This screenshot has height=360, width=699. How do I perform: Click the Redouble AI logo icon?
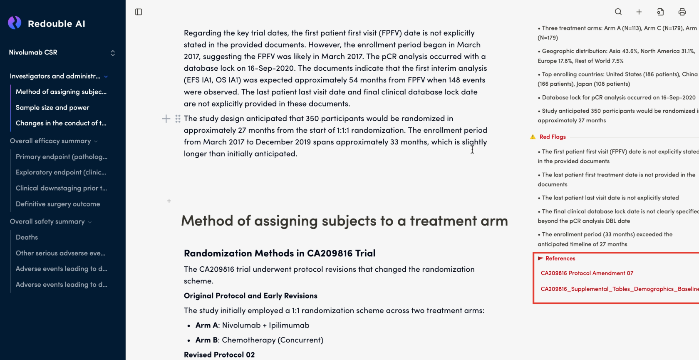pos(15,23)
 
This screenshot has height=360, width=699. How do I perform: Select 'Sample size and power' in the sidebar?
pos(52,107)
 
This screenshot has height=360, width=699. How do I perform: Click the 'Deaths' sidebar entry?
pos(27,237)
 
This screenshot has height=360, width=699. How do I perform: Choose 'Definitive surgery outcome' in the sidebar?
pos(58,204)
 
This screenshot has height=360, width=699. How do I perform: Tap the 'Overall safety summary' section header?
pos(47,221)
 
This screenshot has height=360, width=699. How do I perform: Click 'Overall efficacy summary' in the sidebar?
pos(50,141)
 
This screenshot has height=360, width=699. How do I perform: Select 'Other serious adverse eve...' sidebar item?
pos(60,253)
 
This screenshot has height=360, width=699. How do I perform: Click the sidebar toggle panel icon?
pos(139,12)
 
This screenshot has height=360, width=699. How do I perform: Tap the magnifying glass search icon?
pos(618,12)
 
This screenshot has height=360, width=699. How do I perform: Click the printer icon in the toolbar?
pos(682,12)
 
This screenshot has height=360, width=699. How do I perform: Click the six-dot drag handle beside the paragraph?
pos(178,119)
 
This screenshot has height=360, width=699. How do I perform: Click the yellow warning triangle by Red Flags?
pos(533,137)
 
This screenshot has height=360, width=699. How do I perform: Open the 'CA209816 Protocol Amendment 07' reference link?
pos(587,273)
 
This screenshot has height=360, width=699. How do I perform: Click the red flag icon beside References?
pos(540,258)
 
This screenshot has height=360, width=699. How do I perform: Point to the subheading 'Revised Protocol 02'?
pos(219,355)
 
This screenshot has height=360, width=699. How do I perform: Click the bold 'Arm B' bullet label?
pos(207,340)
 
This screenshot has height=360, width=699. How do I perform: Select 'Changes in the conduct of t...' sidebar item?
pos(61,123)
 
